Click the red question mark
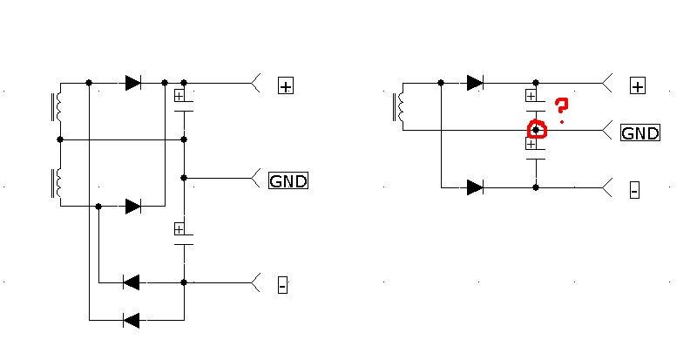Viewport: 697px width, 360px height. pyautogui.click(x=562, y=109)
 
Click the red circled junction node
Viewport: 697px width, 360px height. pyautogui.click(x=537, y=130)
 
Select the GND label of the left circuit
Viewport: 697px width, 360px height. pyautogui.click(x=288, y=180)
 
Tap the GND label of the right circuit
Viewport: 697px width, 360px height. pyautogui.click(x=639, y=132)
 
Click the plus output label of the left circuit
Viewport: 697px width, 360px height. pyautogui.click(x=286, y=85)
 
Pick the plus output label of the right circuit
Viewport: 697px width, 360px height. pyautogui.click(x=639, y=85)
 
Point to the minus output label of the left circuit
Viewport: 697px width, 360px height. pyautogui.click(x=282, y=284)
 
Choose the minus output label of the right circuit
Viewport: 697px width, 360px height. pyautogui.click(x=634, y=189)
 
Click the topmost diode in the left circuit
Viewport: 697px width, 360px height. pyautogui.click(x=133, y=83)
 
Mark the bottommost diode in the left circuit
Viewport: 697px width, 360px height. pyautogui.click(x=132, y=320)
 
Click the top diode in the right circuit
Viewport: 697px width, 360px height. pyautogui.click(x=475, y=83)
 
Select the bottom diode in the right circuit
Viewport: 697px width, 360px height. pyautogui.click(x=475, y=187)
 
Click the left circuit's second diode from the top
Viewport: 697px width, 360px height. pyautogui.click(x=133, y=206)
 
